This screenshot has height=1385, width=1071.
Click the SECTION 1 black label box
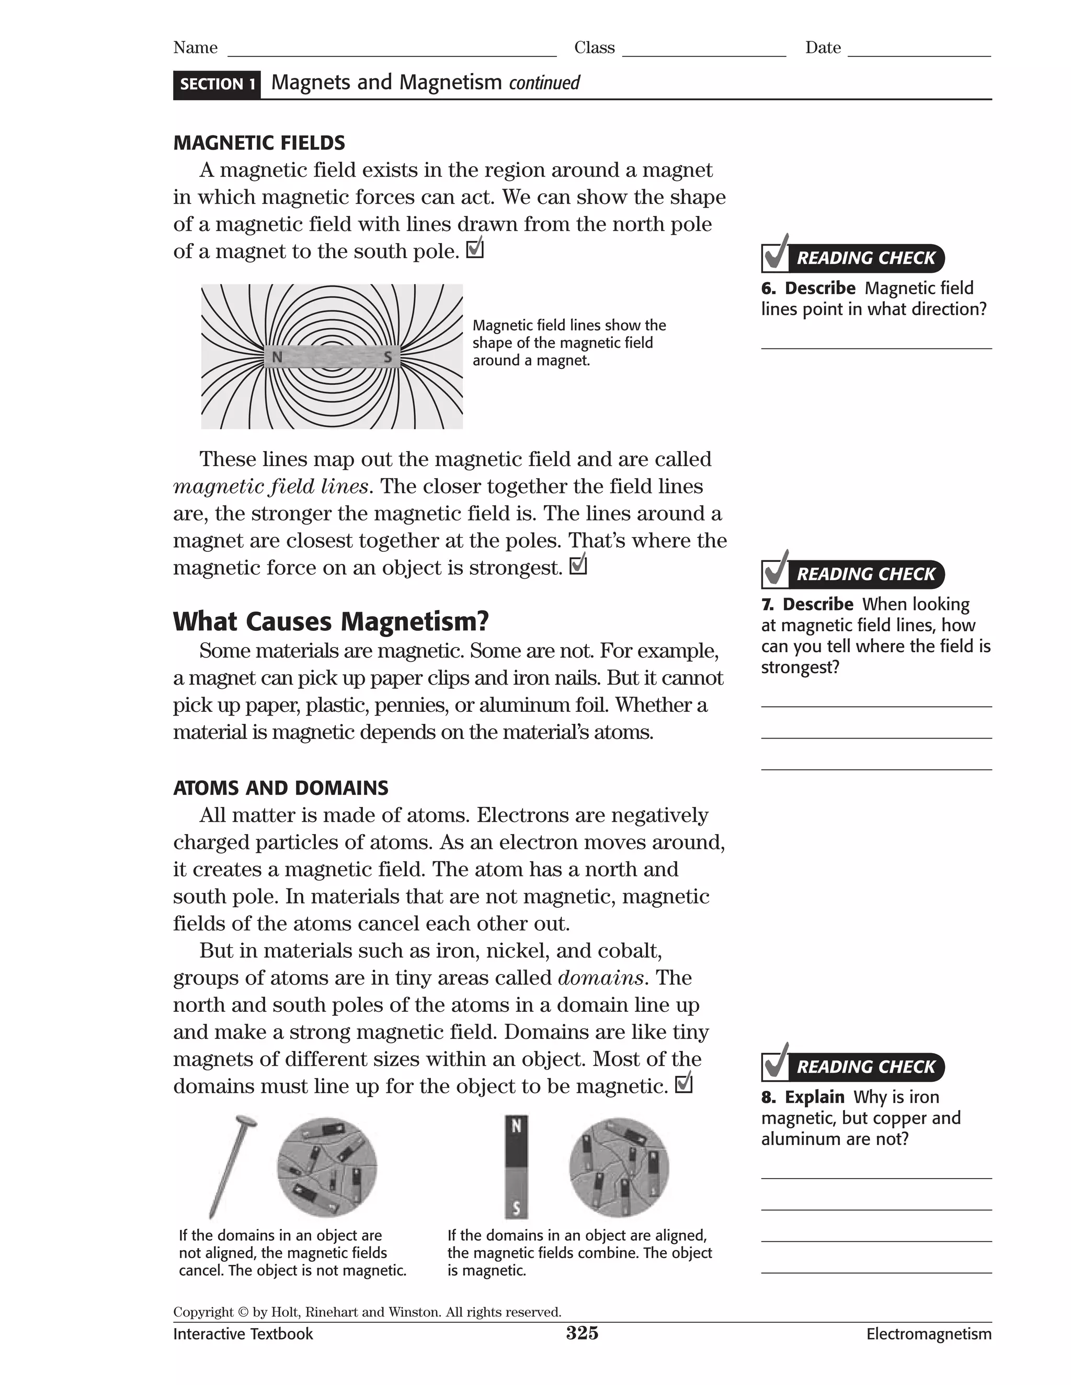pyautogui.click(x=217, y=84)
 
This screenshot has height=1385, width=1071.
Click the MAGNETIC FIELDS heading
pyautogui.click(x=259, y=143)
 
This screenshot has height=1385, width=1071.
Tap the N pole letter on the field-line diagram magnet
pyautogui.click(x=277, y=357)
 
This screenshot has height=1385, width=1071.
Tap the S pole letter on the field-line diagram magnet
pyautogui.click(x=388, y=357)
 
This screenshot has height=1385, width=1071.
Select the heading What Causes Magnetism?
pyautogui.click(x=331, y=621)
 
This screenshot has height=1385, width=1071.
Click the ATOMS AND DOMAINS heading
pyautogui.click(x=280, y=788)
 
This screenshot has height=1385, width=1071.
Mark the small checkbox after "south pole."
pyautogui.click(x=475, y=250)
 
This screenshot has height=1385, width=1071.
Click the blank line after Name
pyautogui.click(x=392, y=51)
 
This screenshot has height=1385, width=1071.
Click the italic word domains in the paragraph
pyautogui.click(x=600, y=978)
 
